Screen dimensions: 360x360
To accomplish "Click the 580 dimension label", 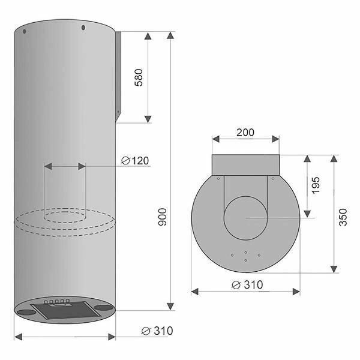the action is pos(139,77).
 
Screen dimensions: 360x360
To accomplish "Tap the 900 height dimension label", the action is pos(163,217).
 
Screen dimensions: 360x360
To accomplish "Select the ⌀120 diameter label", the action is pos(135,160).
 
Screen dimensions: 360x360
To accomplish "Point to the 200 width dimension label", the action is pos(245,133).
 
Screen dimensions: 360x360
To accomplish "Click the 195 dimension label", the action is pos(316,185).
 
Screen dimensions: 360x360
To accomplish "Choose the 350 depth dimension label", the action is pos(343,217).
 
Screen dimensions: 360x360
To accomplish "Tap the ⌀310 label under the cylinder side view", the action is pos(157,331).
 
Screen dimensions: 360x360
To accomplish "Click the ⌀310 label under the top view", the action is pos(247,285).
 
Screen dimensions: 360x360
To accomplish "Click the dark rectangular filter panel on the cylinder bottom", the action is pos(65,310).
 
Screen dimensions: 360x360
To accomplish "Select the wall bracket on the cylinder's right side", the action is pos(118,76).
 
